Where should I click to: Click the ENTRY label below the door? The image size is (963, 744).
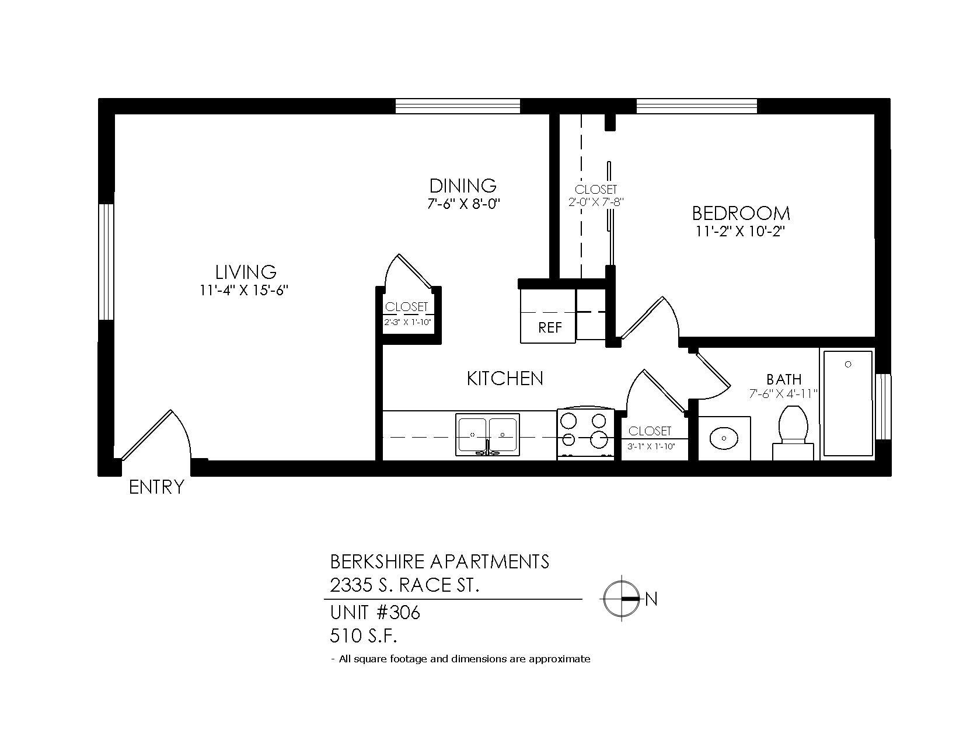click(156, 487)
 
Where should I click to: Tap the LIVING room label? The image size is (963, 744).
click(246, 272)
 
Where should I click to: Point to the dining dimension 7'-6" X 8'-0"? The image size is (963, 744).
click(463, 204)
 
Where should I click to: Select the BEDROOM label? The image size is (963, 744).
click(741, 214)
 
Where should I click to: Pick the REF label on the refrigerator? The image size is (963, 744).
click(550, 327)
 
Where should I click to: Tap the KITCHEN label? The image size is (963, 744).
click(505, 379)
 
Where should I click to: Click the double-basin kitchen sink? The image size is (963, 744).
click(487, 435)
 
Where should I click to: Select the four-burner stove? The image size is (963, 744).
click(585, 435)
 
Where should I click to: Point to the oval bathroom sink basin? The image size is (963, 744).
click(724, 438)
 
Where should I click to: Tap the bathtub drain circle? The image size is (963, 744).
click(848, 364)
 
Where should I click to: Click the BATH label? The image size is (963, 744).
click(784, 379)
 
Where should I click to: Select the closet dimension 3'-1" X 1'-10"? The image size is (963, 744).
click(651, 446)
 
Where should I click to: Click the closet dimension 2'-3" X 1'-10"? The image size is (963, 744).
click(408, 322)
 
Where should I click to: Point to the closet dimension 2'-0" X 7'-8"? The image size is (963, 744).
click(596, 202)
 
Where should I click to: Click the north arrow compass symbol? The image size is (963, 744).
click(622, 599)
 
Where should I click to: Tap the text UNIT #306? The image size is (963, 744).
click(375, 613)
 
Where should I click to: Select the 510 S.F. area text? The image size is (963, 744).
click(364, 636)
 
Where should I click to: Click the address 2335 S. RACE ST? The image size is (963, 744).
click(404, 585)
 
